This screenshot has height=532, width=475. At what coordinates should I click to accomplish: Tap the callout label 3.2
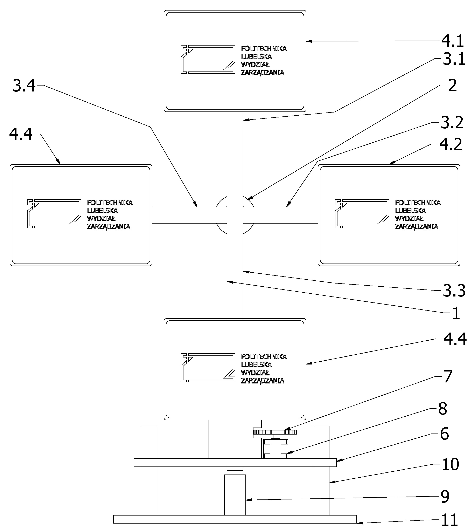pyautogui.click(x=452, y=123)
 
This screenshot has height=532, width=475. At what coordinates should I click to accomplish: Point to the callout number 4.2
pyautogui.click(x=451, y=144)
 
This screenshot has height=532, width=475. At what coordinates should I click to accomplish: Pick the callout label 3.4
pyautogui.click(x=24, y=86)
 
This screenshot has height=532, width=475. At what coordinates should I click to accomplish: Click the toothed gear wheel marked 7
pyautogui.click(x=275, y=432)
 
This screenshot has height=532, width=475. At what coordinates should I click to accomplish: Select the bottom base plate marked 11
pyautogui.click(x=235, y=519)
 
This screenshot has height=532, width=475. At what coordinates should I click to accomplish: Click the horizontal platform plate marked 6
pyautogui.click(x=235, y=462)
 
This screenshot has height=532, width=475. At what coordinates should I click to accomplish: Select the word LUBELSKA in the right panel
pyautogui.click(x=410, y=211)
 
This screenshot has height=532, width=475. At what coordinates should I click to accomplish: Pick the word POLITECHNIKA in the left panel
pyautogui.click(x=110, y=202)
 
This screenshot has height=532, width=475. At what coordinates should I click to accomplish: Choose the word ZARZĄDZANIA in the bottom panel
pyautogui.click(x=262, y=381)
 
